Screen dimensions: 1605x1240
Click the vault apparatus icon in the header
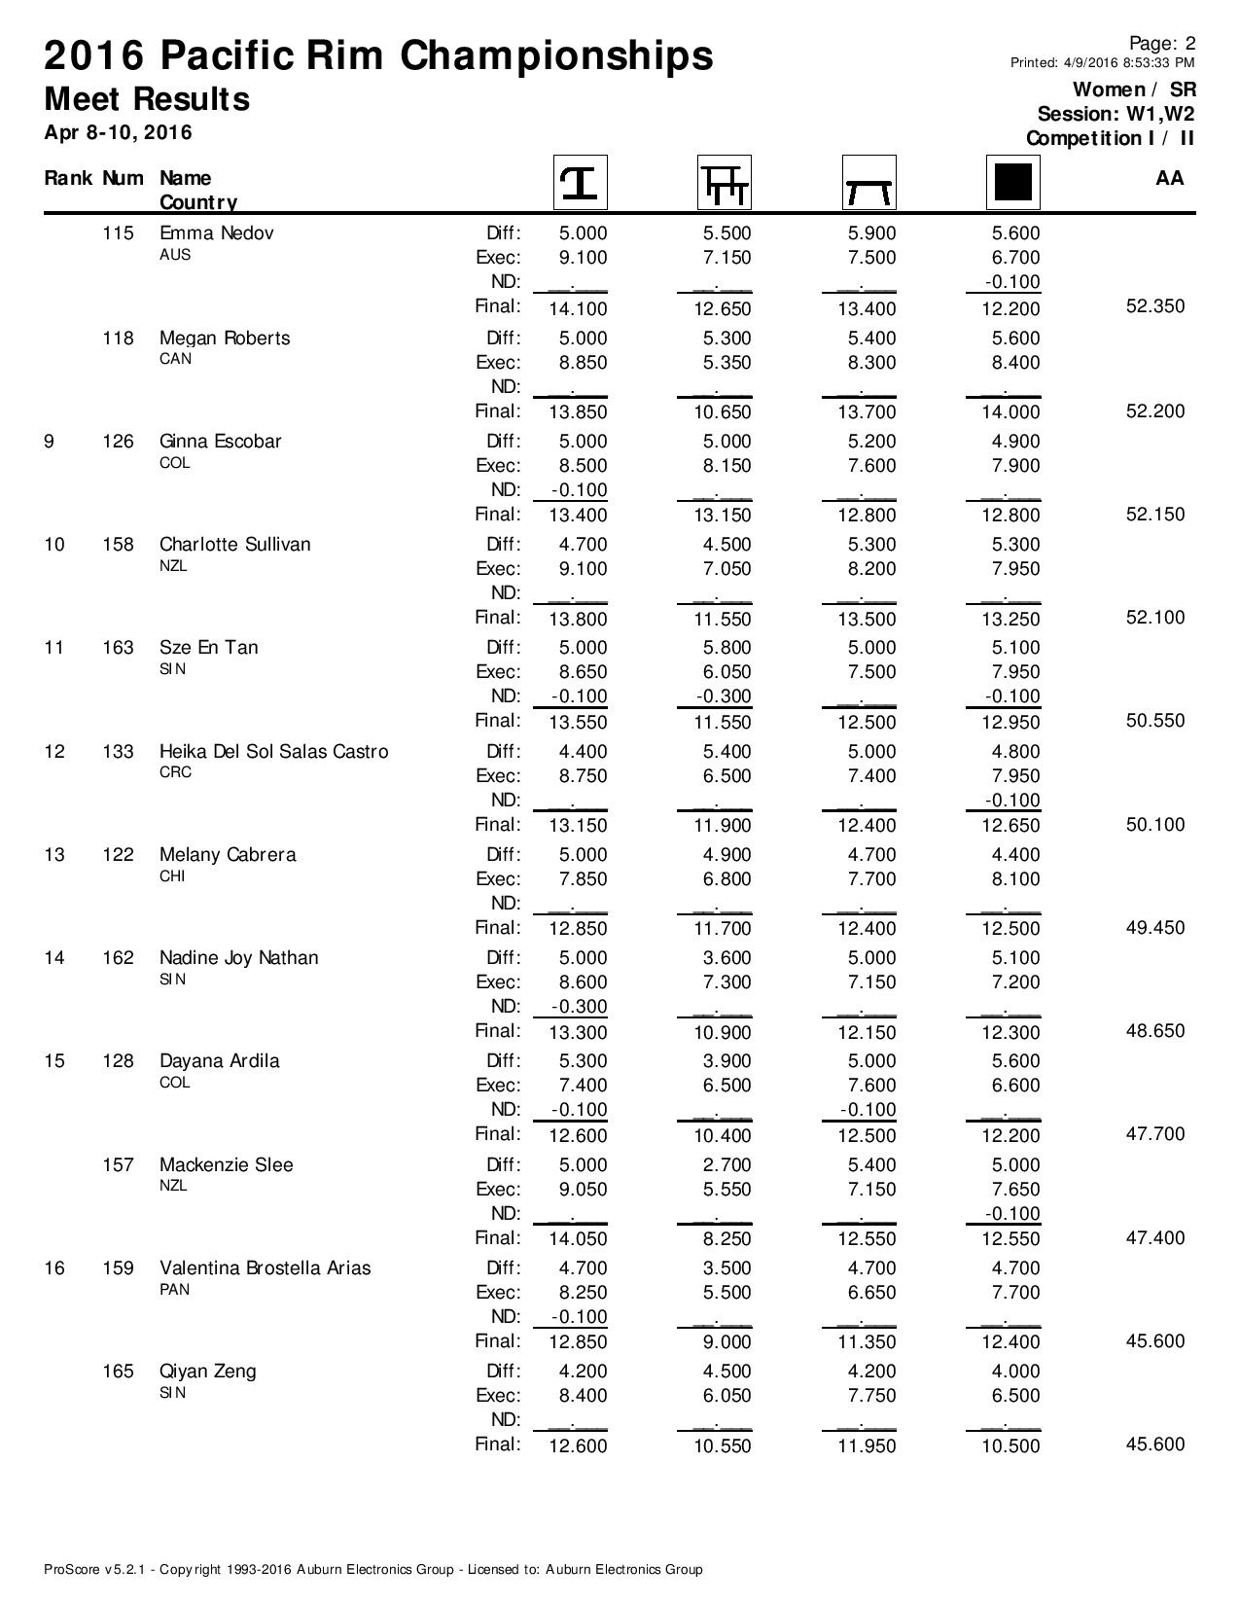pyautogui.click(x=580, y=182)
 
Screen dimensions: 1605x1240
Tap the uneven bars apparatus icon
pyautogui.click(x=725, y=182)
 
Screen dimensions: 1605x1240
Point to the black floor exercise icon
pyautogui.click(x=1012, y=182)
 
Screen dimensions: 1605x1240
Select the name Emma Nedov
pyautogui.click(x=216, y=233)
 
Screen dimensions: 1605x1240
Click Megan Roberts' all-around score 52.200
pyautogui.click(x=1154, y=411)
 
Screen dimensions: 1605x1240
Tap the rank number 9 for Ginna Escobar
pyautogui.click(x=50, y=442)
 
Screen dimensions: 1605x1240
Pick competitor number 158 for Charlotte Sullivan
pyautogui.click(x=118, y=545)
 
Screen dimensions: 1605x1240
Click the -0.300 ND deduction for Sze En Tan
pyautogui.click(x=724, y=696)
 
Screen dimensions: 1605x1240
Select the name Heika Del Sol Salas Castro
pyautogui.click(x=273, y=752)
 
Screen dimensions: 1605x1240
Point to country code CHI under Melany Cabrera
pyautogui.click(x=173, y=876)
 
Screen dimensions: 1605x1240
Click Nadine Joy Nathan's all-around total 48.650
pyautogui.click(x=1154, y=1031)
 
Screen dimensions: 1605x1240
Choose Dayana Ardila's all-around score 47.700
pyautogui.click(x=1154, y=1134)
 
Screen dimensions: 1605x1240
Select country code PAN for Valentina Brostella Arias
pyautogui.click(x=174, y=1290)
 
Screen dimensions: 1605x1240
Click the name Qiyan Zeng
pyautogui.click(x=207, y=1372)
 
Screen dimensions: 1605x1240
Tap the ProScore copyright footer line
pyautogui.click(x=372, y=1569)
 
